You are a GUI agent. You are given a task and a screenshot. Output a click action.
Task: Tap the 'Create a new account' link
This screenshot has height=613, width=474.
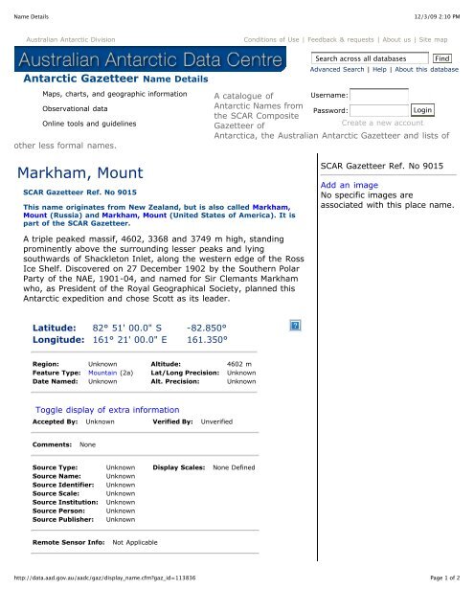point(382,123)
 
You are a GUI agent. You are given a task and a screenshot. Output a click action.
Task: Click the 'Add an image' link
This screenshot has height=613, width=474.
point(341,185)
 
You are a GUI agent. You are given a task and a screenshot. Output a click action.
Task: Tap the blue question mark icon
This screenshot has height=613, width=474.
point(296,327)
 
